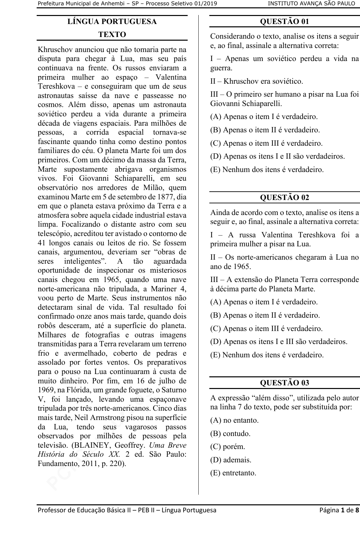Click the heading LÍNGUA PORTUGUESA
[x=112, y=22]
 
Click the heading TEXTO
[x=112, y=35]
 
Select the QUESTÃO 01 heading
[x=284, y=22]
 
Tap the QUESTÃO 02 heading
[x=284, y=197]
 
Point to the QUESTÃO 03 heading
[x=284, y=383]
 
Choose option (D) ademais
[x=231, y=460]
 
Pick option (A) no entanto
[x=234, y=420]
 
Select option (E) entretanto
[x=233, y=473]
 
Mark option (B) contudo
[x=230, y=434]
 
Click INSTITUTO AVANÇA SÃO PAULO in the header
[x=311, y=4]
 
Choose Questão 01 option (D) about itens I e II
[x=278, y=156]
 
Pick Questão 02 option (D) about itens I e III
[x=279, y=342]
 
